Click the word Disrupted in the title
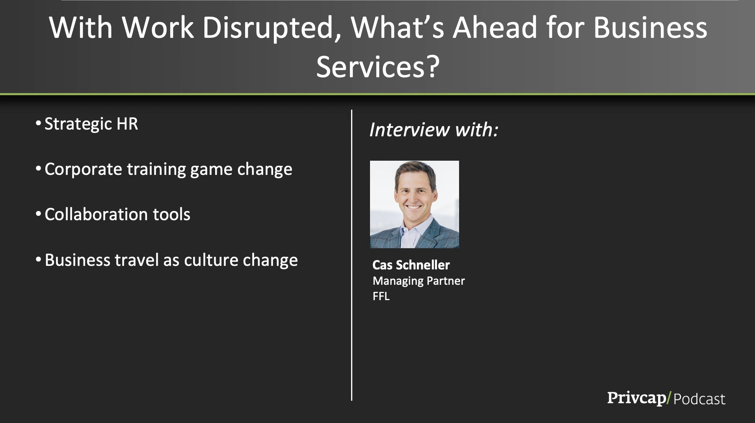272,28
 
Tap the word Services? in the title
378,67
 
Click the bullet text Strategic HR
91,124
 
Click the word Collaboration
96,215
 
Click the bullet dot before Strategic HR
38,124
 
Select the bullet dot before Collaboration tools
38,214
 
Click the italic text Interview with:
434,130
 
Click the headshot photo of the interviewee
415,204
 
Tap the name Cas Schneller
411,265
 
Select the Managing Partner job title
419,281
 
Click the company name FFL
381,296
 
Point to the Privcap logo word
636,398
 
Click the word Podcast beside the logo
699,399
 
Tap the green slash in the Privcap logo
669,398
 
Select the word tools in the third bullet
171,215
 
